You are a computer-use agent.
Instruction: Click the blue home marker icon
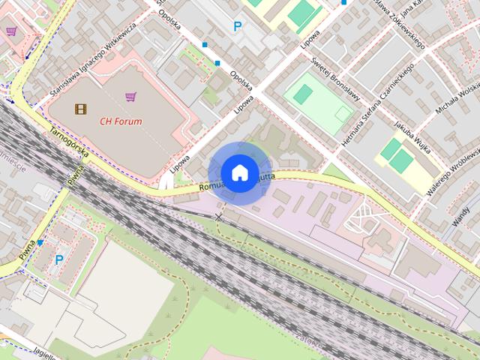click(239, 172)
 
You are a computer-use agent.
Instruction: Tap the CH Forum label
click(121, 120)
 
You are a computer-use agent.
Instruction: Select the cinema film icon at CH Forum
click(80, 109)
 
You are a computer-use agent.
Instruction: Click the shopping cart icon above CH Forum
click(130, 97)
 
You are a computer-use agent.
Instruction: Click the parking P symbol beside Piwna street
click(59, 259)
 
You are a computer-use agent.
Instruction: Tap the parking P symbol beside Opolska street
click(238, 27)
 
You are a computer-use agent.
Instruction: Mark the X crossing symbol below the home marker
click(219, 216)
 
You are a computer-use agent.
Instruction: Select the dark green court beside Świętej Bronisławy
click(303, 94)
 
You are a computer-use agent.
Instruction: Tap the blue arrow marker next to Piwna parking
click(40, 243)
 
